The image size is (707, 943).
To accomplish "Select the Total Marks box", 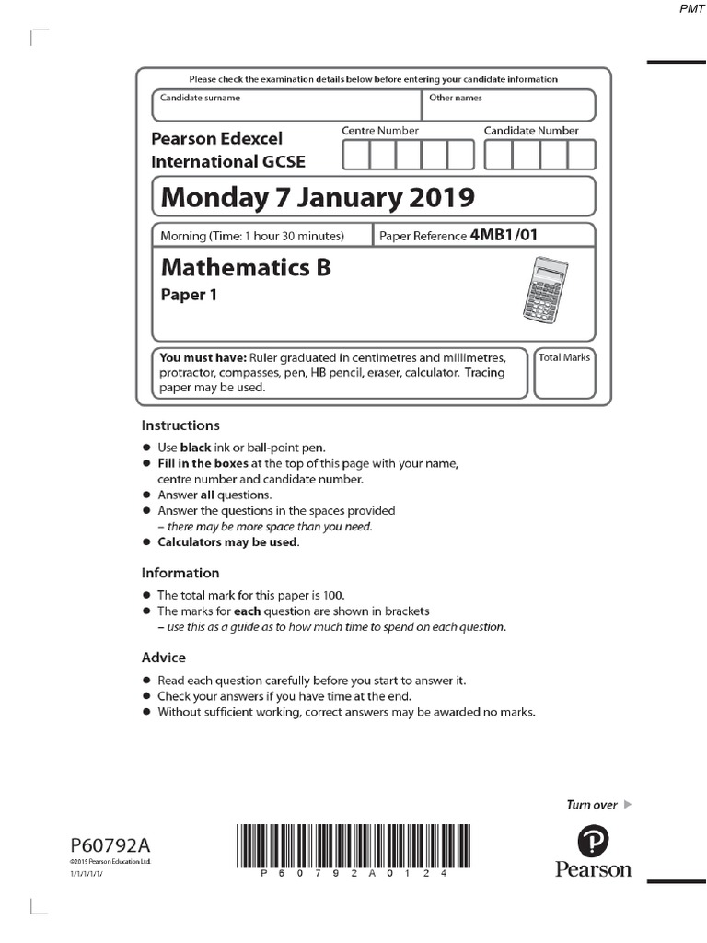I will pyautogui.click(x=564, y=373).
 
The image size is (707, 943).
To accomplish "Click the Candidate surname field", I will pyautogui.click(x=286, y=106).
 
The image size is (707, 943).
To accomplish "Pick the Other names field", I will pyautogui.click(x=508, y=106).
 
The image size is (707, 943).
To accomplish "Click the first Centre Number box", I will pyautogui.click(x=355, y=155).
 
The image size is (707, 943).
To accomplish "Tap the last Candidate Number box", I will pyautogui.click(x=582, y=155).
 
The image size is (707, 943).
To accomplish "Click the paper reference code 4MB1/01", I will pyautogui.click(x=504, y=235).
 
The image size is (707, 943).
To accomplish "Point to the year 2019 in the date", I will pyautogui.click(x=441, y=197).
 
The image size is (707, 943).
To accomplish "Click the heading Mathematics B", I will pyautogui.click(x=246, y=268).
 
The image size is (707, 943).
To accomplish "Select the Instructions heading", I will pyautogui.click(x=180, y=425).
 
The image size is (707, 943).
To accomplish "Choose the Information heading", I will pyautogui.click(x=180, y=573).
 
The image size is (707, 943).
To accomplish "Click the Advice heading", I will pyautogui.click(x=164, y=658).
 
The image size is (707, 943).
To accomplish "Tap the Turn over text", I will pyautogui.click(x=592, y=805).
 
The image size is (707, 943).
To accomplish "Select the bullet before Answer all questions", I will pyautogui.click(x=145, y=495).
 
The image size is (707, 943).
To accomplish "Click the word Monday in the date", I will pyautogui.click(x=209, y=197).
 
